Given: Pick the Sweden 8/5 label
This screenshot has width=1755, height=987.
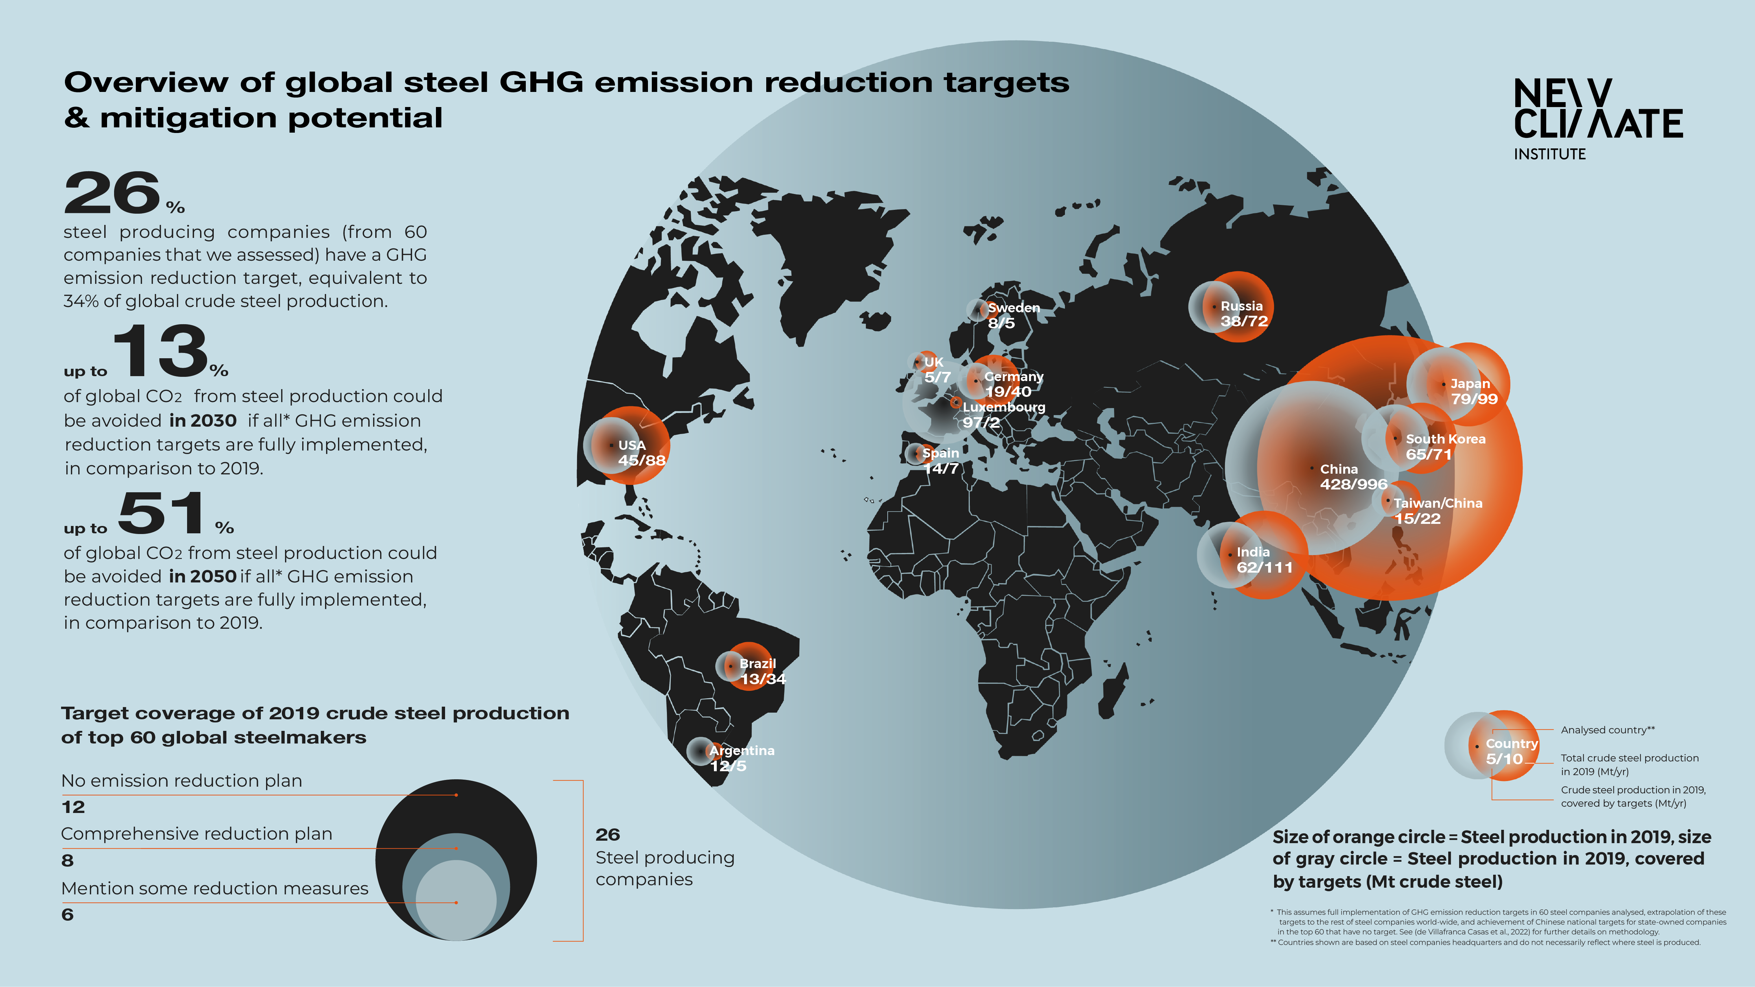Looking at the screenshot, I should click(x=1012, y=315).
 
